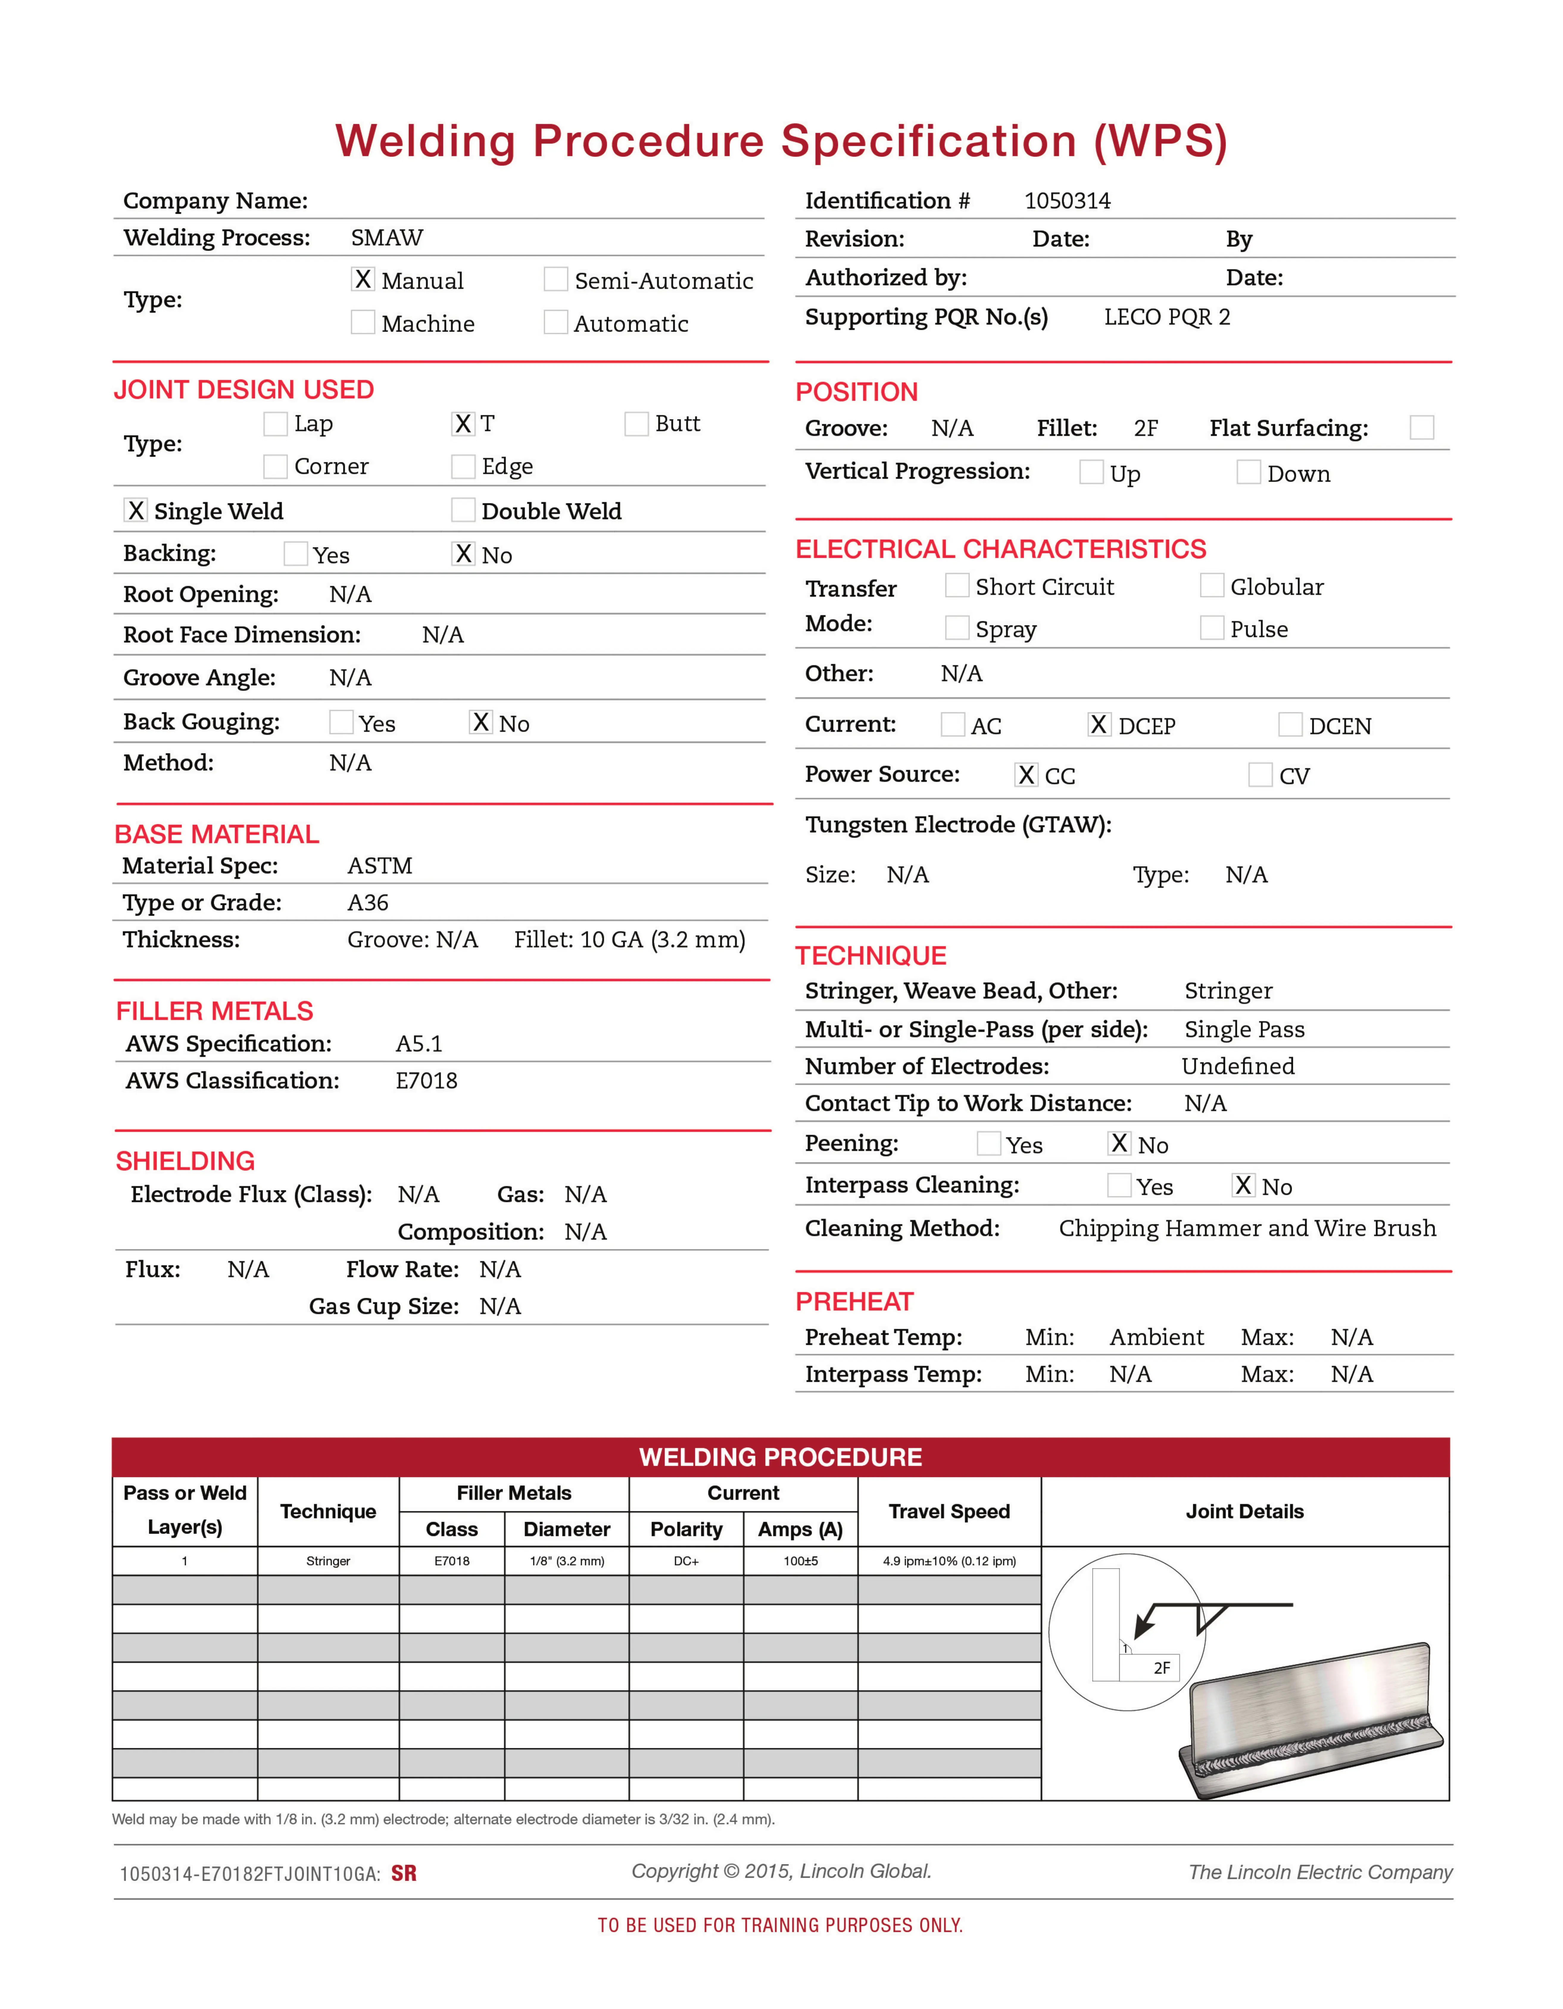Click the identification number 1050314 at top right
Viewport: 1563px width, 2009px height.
[1067, 201]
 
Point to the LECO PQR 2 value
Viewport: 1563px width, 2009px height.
[1166, 317]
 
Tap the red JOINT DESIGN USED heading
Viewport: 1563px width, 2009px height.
[244, 390]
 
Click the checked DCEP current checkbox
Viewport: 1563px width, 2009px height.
[1099, 725]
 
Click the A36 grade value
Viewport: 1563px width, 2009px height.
[368, 902]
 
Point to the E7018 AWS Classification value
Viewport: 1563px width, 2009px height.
[426, 1081]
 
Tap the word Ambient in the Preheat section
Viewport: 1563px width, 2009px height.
[1156, 1338]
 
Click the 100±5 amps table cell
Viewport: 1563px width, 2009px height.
[800, 1561]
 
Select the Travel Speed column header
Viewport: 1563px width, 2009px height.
[949, 1511]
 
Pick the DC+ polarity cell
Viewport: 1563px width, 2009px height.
[686, 1561]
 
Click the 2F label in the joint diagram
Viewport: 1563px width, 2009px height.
[1162, 1668]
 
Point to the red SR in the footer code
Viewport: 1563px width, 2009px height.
[404, 1874]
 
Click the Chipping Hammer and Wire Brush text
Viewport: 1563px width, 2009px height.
[1247, 1229]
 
